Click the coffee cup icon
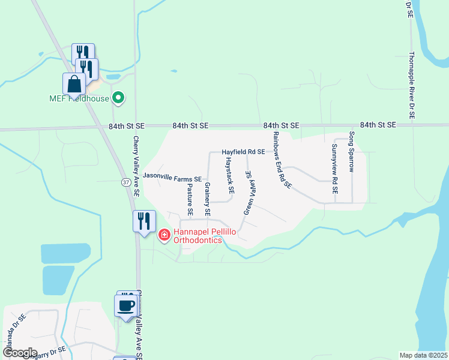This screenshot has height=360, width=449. [x=126, y=306]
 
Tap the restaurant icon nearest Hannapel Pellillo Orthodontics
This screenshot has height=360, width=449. [x=144, y=221]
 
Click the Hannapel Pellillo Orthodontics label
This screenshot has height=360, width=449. [x=197, y=236]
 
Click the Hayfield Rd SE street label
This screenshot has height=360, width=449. [x=243, y=152]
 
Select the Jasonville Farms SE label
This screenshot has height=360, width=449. [x=172, y=179]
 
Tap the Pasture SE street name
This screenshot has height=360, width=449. [x=189, y=199]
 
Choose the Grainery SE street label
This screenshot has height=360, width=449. [x=207, y=199]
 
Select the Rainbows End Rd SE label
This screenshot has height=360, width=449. [x=282, y=160]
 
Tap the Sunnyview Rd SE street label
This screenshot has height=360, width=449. [x=336, y=169]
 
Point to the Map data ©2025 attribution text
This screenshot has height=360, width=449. [x=423, y=355]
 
